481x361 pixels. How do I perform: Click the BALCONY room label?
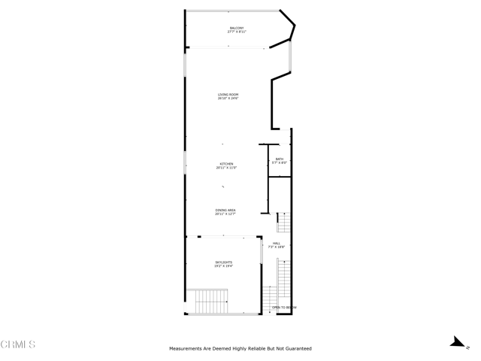coord(237,29)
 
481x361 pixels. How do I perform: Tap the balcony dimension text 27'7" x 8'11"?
coord(237,32)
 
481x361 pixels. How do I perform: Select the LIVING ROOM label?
coord(228,94)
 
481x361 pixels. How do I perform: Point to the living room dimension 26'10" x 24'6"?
coord(228,99)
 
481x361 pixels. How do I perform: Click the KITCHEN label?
coord(226,163)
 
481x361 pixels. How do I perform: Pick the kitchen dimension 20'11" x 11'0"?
coord(226,168)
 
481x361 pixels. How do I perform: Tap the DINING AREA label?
coord(225,210)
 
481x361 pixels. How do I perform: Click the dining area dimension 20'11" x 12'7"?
coord(225,214)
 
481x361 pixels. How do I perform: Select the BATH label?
coord(280,159)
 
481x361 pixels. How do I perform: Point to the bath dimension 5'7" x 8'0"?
coord(280,163)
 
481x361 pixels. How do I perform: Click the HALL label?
coord(277,243)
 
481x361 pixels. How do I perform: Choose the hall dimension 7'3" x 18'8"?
coord(277,247)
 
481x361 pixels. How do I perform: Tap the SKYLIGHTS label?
coord(222,262)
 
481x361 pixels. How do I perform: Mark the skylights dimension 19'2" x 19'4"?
coord(222,266)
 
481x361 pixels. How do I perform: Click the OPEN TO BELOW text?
coord(284,308)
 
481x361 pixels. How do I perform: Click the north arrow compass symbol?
coord(456,342)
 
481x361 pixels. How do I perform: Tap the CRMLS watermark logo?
coord(18,344)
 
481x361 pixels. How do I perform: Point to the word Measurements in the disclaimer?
coord(187,349)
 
